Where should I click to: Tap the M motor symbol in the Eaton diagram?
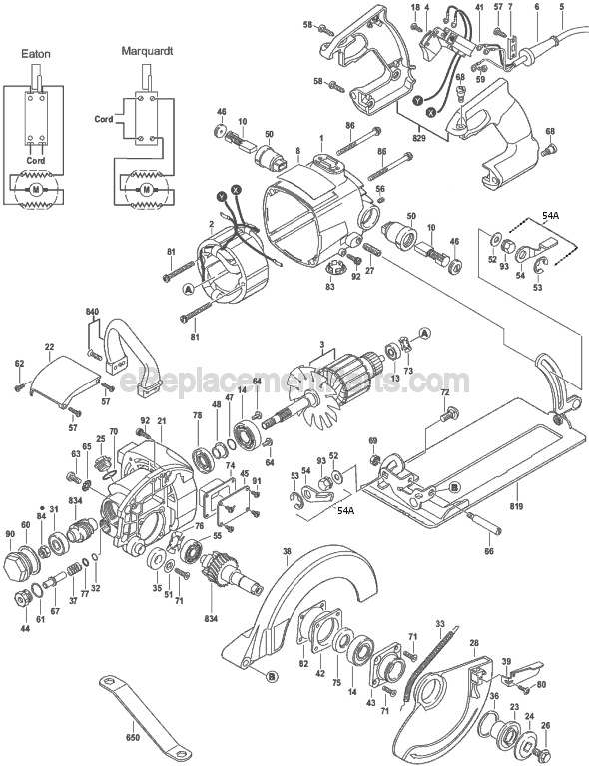click(x=38, y=187)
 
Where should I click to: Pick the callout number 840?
click(x=92, y=313)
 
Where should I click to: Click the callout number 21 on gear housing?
click(x=159, y=422)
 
